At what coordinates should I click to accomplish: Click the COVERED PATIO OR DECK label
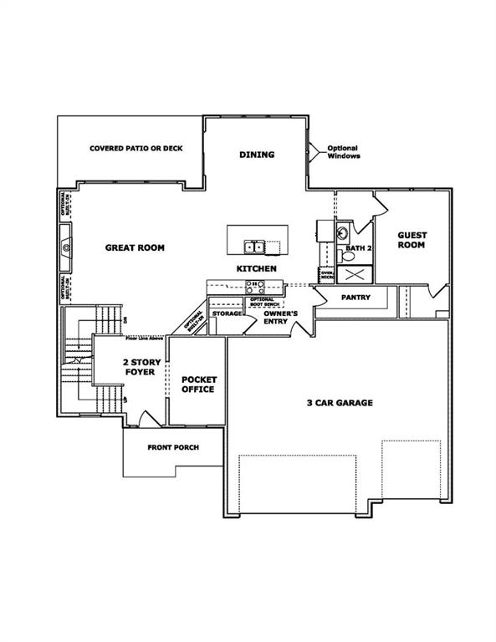pyautogui.click(x=136, y=149)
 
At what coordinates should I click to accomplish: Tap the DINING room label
pyautogui.click(x=257, y=155)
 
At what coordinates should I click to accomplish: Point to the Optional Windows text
pyautogui.click(x=342, y=152)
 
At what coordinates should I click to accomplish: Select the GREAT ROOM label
pyautogui.click(x=135, y=247)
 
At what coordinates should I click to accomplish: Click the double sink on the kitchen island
pyautogui.click(x=254, y=247)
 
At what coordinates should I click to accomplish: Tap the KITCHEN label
pyautogui.click(x=257, y=269)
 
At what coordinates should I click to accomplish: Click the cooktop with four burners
pyautogui.click(x=254, y=287)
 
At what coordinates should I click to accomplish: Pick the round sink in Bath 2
pyautogui.click(x=342, y=232)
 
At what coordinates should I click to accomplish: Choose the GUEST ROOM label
pyautogui.click(x=412, y=241)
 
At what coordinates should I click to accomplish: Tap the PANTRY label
pyautogui.click(x=355, y=298)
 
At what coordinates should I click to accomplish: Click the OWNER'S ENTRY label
pyautogui.click(x=280, y=317)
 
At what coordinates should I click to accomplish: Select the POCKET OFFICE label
pyautogui.click(x=198, y=385)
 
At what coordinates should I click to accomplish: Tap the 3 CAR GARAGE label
pyautogui.click(x=338, y=403)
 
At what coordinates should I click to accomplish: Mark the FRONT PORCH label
pyautogui.click(x=173, y=447)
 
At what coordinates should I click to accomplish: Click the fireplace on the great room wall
pyautogui.click(x=65, y=247)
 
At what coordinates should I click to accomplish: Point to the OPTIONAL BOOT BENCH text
pyautogui.click(x=262, y=302)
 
